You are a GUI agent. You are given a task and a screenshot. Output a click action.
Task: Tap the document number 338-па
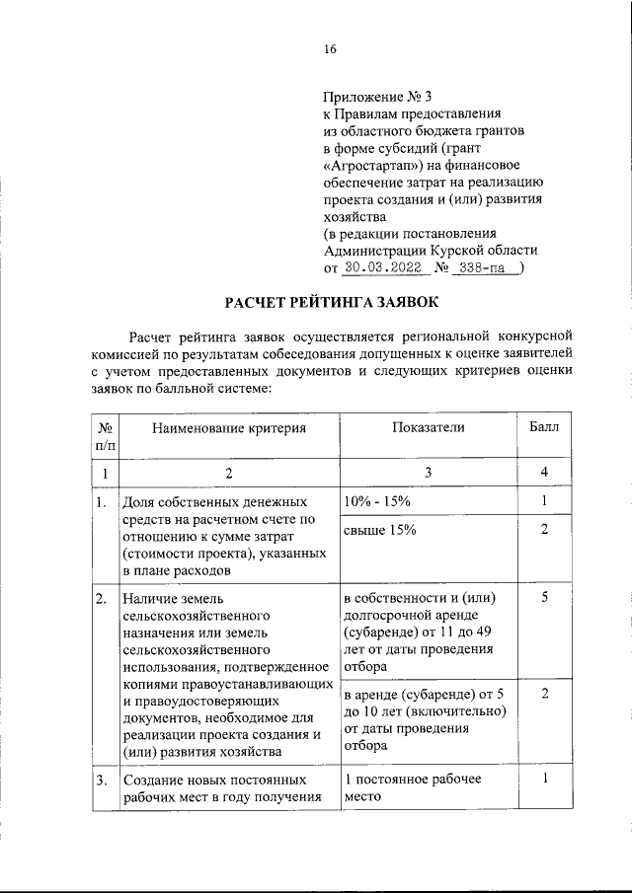pos(486,266)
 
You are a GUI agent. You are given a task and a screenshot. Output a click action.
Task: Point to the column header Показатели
pos(428,427)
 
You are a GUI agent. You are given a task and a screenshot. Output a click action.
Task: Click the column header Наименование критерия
pos(228,427)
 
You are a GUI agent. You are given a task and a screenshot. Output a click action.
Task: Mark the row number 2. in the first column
pos(102,599)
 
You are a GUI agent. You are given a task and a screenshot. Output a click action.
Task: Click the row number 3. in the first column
pos(102,780)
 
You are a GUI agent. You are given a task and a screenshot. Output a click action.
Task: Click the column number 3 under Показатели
pos(428,473)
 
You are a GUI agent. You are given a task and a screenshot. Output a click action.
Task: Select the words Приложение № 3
pos(378,97)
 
